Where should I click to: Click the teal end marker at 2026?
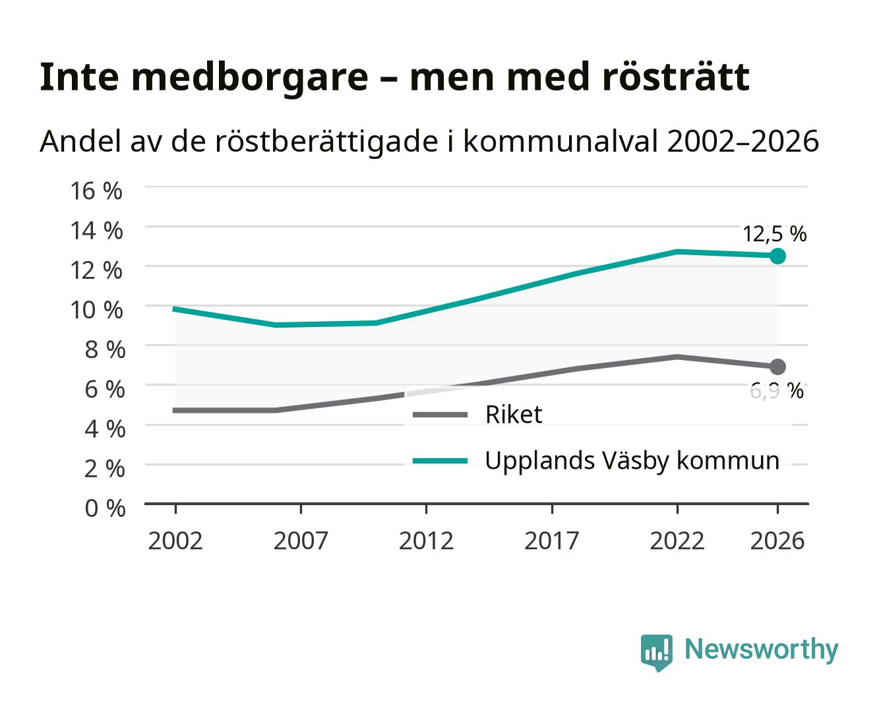[x=777, y=256]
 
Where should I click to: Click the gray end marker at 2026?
[x=777, y=367]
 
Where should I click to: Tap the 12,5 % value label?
[x=774, y=235]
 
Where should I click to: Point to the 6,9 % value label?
[x=776, y=391]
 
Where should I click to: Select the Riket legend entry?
[x=477, y=414]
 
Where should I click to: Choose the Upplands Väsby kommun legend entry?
[x=595, y=461]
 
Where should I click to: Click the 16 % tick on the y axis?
[x=96, y=191]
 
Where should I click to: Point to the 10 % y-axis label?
[x=96, y=310]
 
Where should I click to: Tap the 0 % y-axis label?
[x=105, y=508]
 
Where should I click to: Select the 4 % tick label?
[x=105, y=429]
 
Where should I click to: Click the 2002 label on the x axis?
[x=175, y=541]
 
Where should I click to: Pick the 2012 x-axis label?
[x=426, y=541]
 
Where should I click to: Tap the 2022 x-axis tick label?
[x=677, y=541]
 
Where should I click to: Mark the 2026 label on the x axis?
[x=777, y=541]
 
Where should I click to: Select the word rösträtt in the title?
[x=675, y=77]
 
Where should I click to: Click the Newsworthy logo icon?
[x=656, y=653]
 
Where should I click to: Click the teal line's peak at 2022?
[x=677, y=251]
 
